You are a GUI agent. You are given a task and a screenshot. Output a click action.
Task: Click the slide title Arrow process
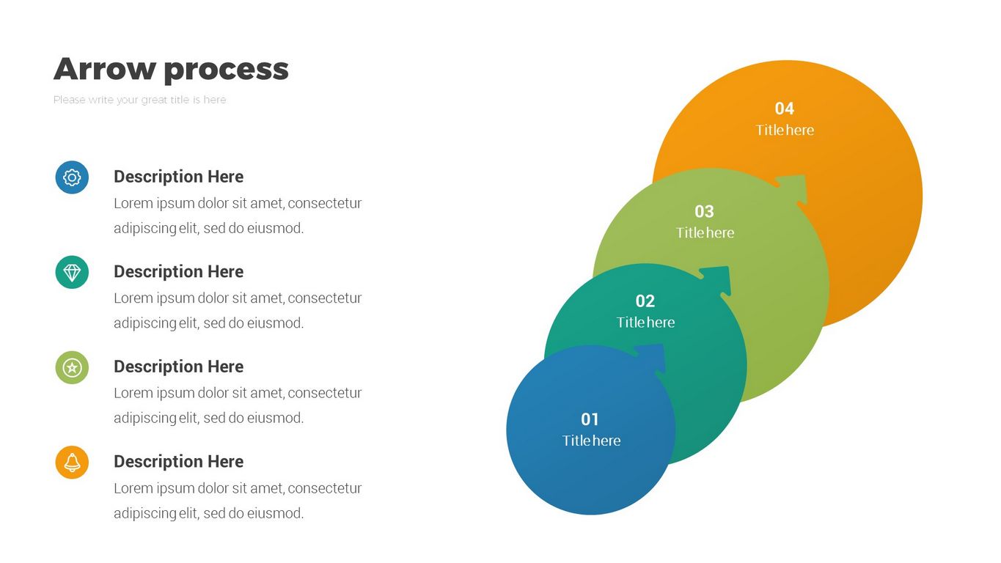pos(171,70)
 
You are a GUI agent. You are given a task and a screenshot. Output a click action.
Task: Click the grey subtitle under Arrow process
pos(139,100)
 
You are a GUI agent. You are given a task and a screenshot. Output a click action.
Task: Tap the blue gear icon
pos(72,177)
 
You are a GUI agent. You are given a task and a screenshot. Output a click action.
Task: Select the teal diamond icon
pos(72,273)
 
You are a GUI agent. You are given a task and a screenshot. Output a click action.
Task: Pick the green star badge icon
pos(72,367)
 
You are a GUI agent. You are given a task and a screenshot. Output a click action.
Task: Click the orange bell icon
pos(72,463)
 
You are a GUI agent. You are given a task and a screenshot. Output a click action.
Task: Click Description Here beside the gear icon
pos(178,177)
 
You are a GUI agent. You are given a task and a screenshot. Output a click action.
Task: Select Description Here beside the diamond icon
pos(178,272)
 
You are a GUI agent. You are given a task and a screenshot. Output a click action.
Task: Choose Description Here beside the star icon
pos(178,367)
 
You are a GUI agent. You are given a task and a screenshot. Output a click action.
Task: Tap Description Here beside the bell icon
pos(178,462)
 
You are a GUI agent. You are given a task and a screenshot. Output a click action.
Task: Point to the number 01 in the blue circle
pos(590,419)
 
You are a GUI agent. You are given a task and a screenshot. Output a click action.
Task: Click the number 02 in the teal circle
pos(645,301)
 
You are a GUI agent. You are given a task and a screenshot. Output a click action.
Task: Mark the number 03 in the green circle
pos(704,212)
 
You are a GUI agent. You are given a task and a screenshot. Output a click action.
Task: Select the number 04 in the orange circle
pos(785,108)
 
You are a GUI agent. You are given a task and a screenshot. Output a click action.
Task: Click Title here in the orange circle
pos(785,130)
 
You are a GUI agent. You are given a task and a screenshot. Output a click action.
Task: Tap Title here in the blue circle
pos(591,441)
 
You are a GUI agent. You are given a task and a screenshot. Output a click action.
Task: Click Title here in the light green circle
pos(705,233)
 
